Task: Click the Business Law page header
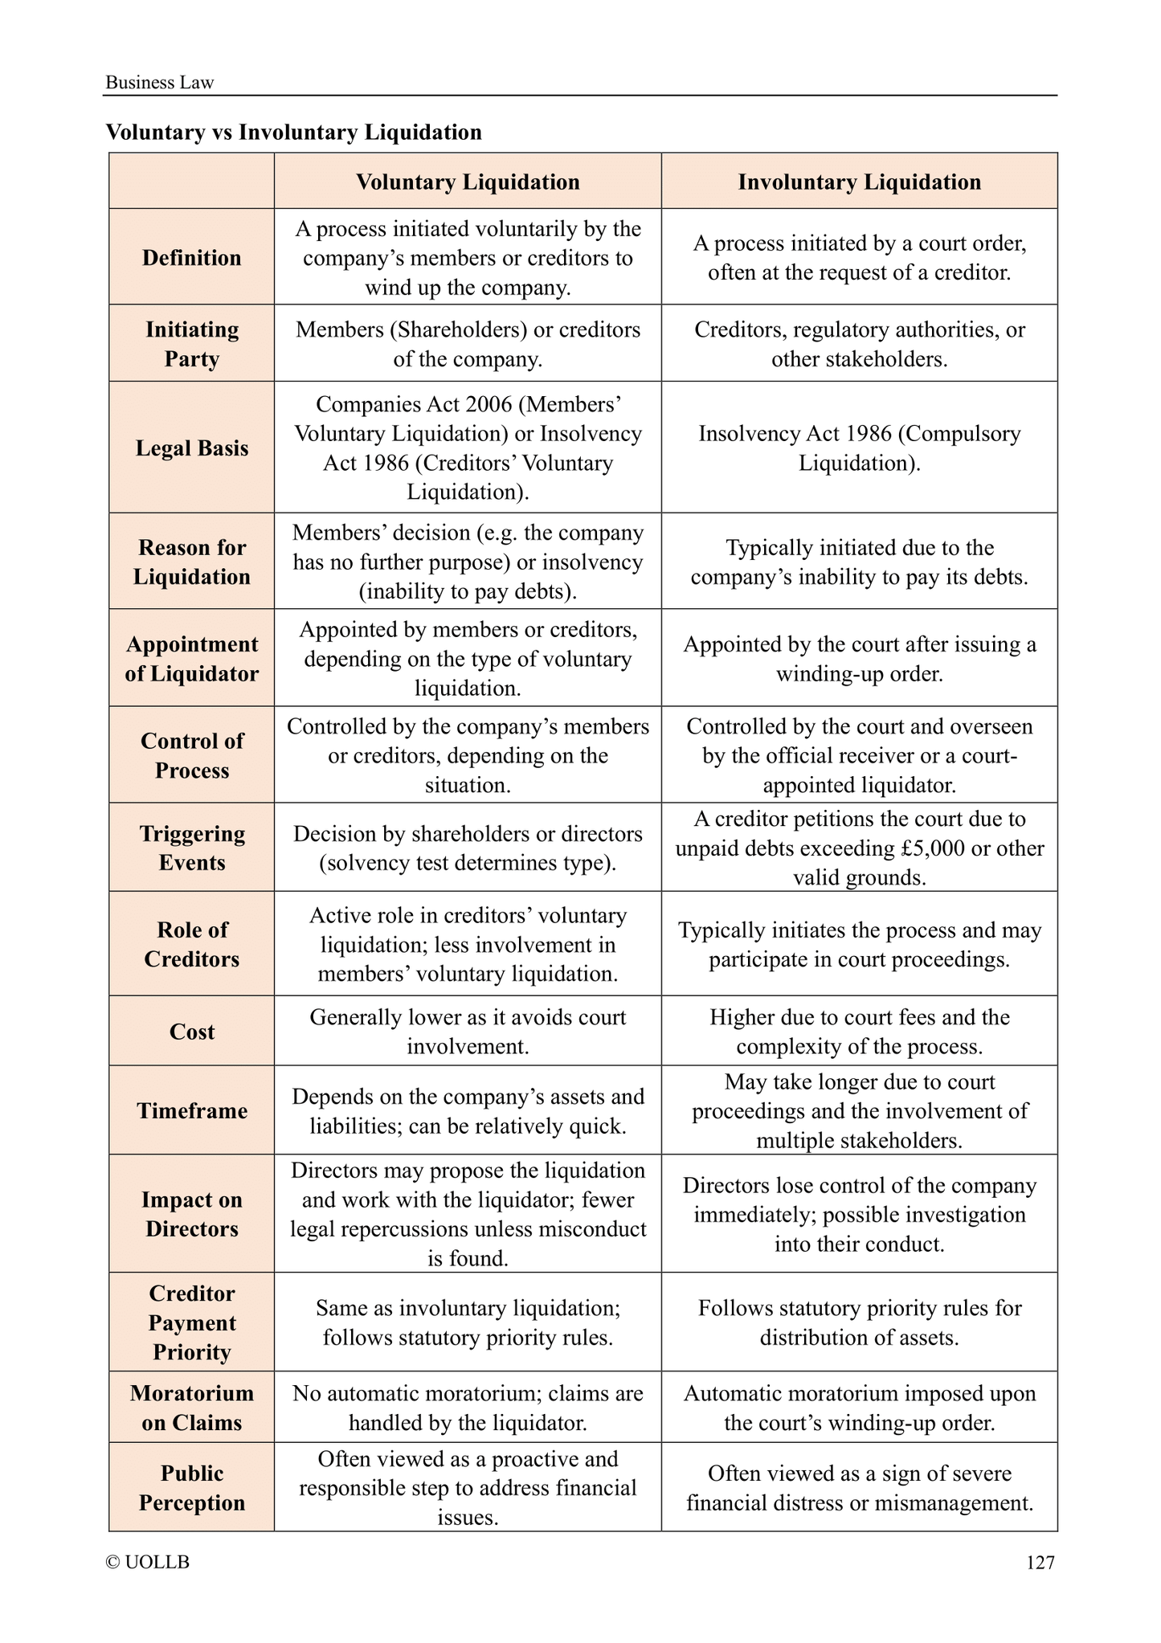160,83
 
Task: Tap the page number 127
1040,1562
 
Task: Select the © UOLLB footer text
148,1562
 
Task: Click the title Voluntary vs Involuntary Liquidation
294,133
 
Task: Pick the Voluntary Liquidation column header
468,182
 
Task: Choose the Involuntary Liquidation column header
859,182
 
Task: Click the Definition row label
191,258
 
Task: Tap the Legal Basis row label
191,448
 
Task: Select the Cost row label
191,1032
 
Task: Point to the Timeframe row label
191,1111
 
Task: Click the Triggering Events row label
191,848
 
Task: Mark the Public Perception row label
191,1487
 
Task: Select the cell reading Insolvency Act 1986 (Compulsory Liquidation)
859,448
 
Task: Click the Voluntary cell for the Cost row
468,1032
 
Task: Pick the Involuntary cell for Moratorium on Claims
859,1408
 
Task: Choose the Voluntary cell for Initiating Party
468,344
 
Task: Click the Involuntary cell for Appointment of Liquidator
859,659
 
